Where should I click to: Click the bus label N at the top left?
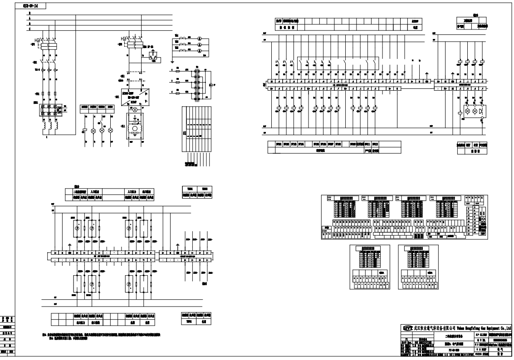[30, 14]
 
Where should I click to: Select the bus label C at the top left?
[30, 29]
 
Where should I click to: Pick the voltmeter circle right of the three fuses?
[210, 85]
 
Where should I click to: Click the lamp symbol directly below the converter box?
[134, 110]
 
